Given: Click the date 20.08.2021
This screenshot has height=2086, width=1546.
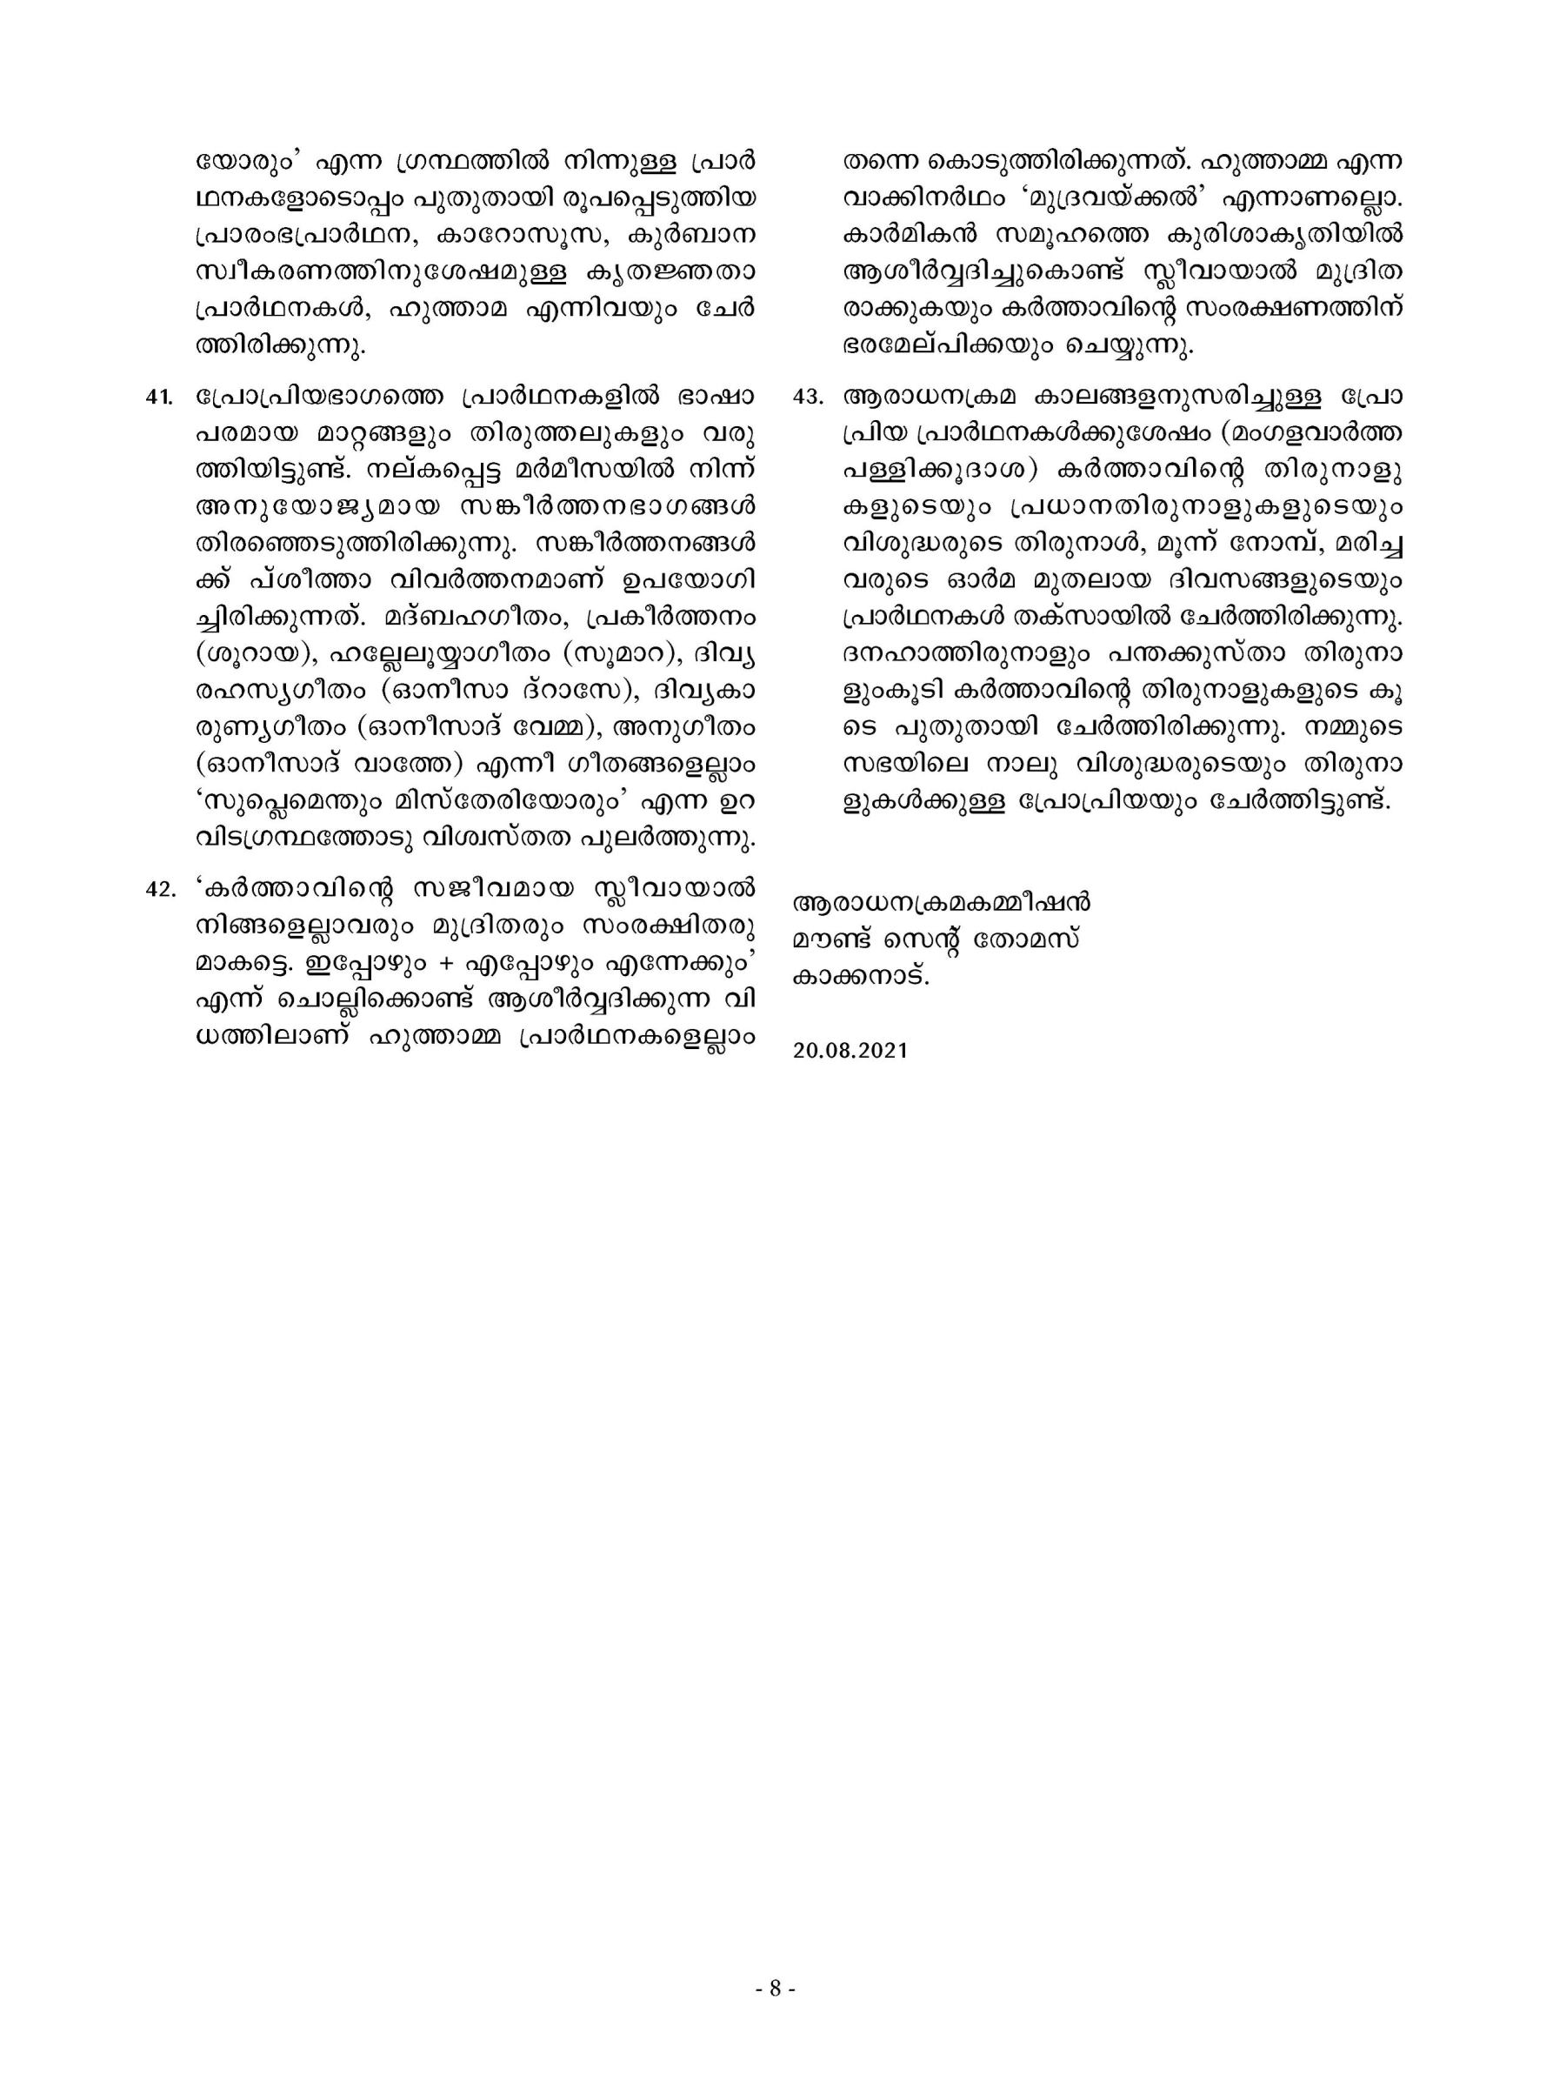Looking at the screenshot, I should point(850,1051).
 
